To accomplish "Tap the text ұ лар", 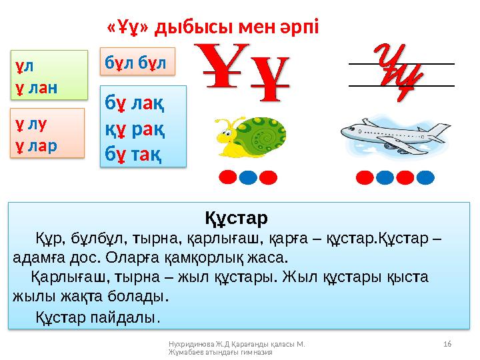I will (x=37, y=142).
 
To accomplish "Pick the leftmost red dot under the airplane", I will (x=365, y=177).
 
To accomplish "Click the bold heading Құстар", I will (x=235, y=218).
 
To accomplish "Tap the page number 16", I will (x=447, y=343).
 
